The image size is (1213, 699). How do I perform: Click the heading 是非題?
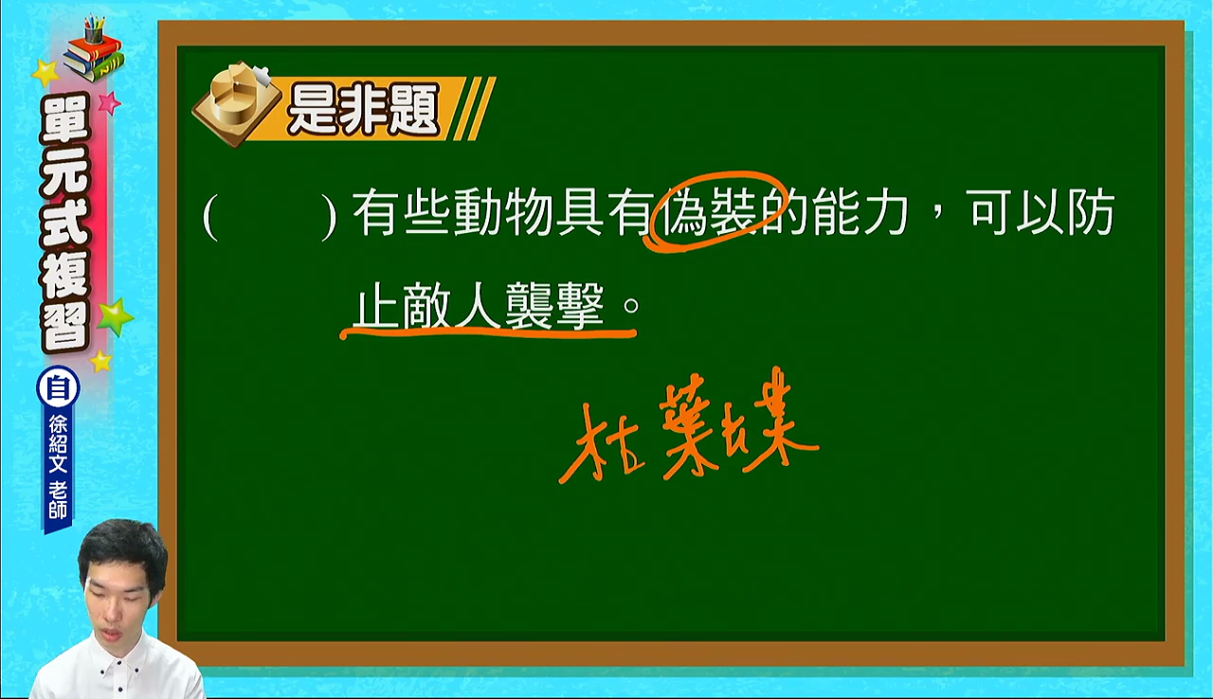[363, 110]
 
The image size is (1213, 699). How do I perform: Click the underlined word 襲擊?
[555, 306]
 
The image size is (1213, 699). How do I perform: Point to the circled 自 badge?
[58, 387]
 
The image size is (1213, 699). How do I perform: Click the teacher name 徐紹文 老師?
[58, 466]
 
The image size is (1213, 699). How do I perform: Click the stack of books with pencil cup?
[93, 48]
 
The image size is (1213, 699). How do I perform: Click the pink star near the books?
[109, 101]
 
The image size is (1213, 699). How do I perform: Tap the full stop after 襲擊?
[631, 306]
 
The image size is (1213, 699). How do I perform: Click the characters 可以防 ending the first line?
[1043, 212]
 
